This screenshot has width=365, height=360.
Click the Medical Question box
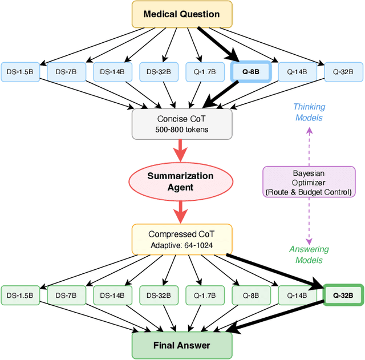(182, 14)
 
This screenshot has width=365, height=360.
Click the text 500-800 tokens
(182, 130)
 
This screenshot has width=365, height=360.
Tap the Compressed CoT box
(182, 239)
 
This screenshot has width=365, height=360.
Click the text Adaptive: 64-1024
(182, 245)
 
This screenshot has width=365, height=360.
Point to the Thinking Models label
(309, 112)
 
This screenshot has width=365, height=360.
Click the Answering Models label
(309, 254)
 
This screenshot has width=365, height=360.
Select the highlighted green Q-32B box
(343, 296)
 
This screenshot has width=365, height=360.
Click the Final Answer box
(182, 345)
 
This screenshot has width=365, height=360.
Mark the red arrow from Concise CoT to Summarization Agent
(182, 152)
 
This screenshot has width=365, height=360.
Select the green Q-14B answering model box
(297, 296)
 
